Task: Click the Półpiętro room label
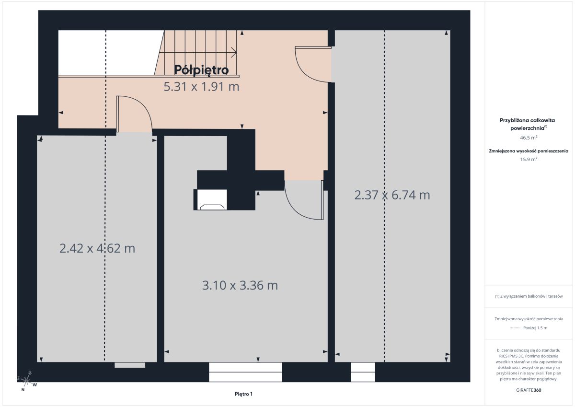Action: [x=201, y=70]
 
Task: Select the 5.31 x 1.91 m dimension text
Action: [x=202, y=87]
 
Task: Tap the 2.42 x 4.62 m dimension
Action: [x=97, y=248]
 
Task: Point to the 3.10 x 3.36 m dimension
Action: [x=240, y=285]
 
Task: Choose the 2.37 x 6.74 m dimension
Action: [x=392, y=195]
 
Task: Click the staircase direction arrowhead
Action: [x=234, y=53]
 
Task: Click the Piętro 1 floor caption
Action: [x=243, y=394]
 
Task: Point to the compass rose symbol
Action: [x=26, y=381]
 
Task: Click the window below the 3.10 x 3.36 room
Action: [x=245, y=372]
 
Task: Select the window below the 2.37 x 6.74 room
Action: [x=363, y=372]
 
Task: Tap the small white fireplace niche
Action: [x=212, y=200]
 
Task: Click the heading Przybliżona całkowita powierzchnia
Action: [x=527, y=124]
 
